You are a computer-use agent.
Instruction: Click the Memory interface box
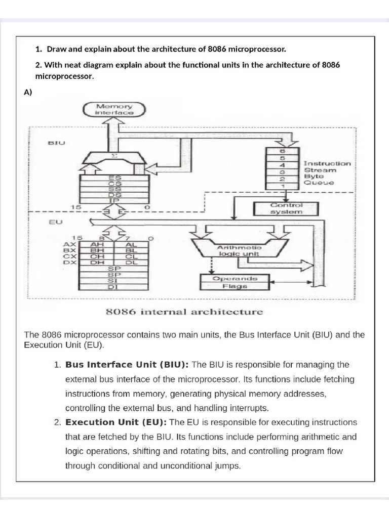point(114,110)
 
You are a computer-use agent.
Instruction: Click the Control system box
point(286,208)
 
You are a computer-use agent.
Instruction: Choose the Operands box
point(235,278)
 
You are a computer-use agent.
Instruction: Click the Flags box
point(235,286)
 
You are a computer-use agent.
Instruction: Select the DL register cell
point(131,262)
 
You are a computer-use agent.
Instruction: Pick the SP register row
point(114,268)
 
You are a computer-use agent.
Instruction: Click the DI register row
point(114,287)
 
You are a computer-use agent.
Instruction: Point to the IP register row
point(114,200)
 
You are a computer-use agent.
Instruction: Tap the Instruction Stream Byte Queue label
point(327,173)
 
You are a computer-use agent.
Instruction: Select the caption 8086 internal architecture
point(184,312)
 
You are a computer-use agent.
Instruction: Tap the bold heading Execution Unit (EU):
point(118,422)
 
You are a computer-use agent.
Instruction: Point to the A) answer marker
point(28,92)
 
